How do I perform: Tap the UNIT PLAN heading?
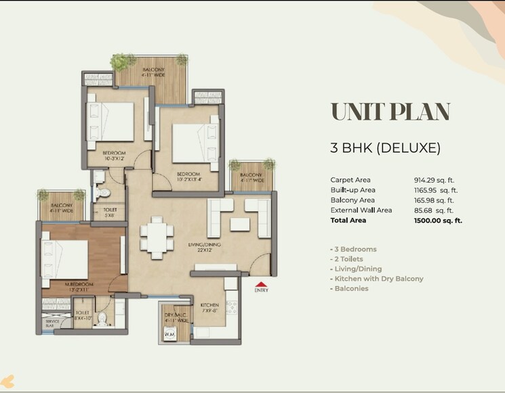coord(390,111)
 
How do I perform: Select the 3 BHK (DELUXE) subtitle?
coord(386,147)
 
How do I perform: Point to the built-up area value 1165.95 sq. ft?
coord(435,190)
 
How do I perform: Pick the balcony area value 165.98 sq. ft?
coord(435,200)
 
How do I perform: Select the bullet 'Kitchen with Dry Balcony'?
coord(376,279)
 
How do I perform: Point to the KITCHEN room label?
coord(209,305)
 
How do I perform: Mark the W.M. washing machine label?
coord(169,333)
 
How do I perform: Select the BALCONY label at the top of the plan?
coord(153,70)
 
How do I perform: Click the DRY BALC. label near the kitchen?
coord(174,315)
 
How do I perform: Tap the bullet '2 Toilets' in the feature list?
coord(347,259)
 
